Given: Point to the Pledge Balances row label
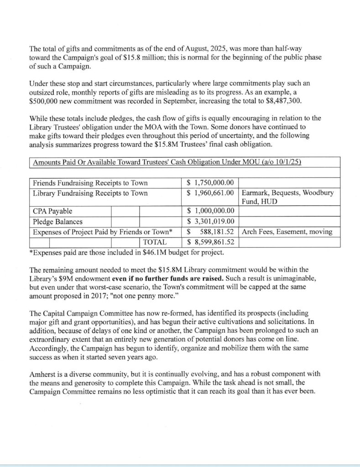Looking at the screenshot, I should (58, 221).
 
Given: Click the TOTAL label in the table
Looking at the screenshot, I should (155, 242).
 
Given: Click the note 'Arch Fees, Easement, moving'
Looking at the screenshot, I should (287, 232).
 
